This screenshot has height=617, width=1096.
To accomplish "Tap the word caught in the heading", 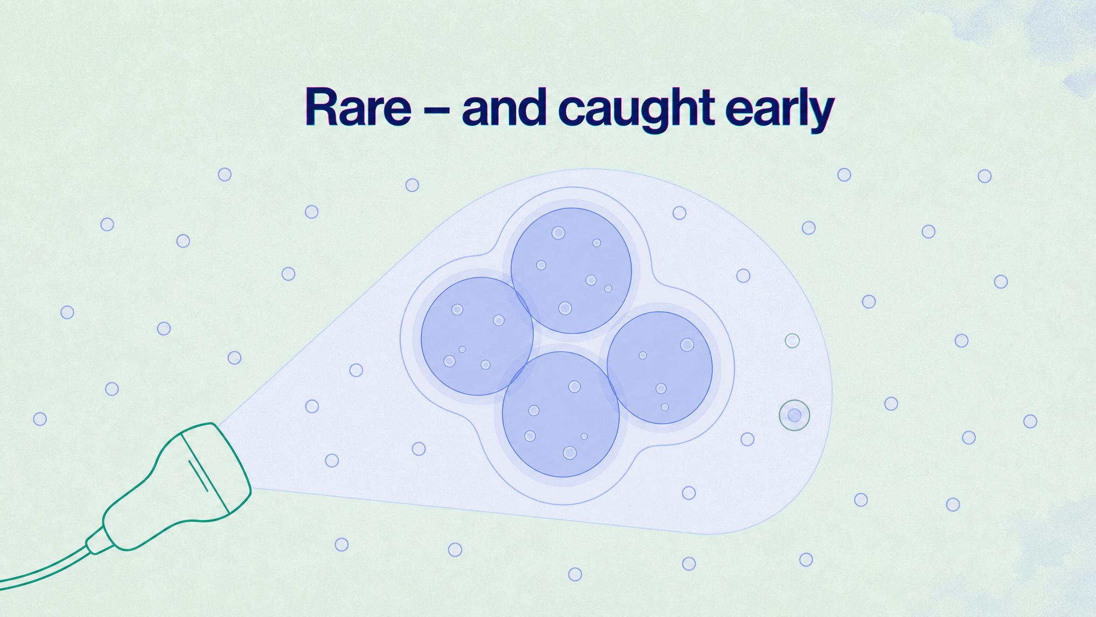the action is pyautogui.click(x=637, y=110).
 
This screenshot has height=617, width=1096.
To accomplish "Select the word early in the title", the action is pyautogui.click(x=780, y=110).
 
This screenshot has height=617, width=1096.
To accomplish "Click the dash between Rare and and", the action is pyautogui.click(x=437, y=110).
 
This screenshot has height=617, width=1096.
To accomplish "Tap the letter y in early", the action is pyautogui.click(x=819, y=116).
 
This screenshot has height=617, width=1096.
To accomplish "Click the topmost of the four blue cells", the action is pyautogui.click(x=571, y=270).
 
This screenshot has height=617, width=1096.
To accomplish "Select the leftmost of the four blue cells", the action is pyautogui.click(x=477, y=336).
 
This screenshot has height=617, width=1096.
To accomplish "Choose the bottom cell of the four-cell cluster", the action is pyautogui.click(x=561, y=414).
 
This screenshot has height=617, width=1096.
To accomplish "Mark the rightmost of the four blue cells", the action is pyautogui.click(x=660, y=368).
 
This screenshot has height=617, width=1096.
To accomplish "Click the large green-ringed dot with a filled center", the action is pyautogui.click(x=794, y=415).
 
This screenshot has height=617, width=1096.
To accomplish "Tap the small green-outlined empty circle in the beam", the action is pyautogui.click(x=792, y=340).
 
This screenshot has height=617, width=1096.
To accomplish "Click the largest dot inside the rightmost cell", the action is pyautogui.click(x=687, y=344).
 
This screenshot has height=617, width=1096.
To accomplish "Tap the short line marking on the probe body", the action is pyautogui.click(x=197, y=475).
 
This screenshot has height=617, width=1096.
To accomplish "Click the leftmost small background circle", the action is pyautogui.click(x=40, y=419).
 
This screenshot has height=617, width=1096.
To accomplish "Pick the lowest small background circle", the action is pyautogui.click(x=575, y=574).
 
